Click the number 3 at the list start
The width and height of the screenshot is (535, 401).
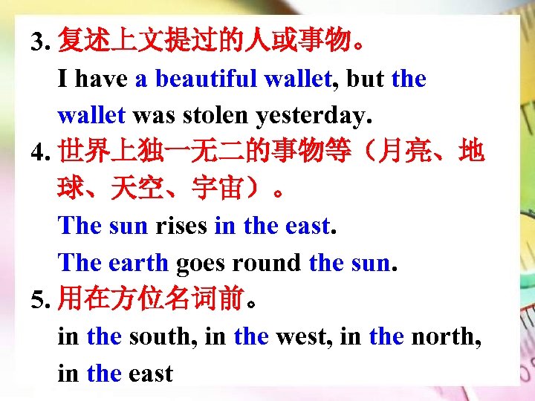38,42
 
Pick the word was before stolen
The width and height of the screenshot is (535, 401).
152,115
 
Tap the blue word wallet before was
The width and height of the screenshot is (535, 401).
91,115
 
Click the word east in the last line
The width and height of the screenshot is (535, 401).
151,373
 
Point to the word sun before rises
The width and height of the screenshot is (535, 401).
128,225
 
